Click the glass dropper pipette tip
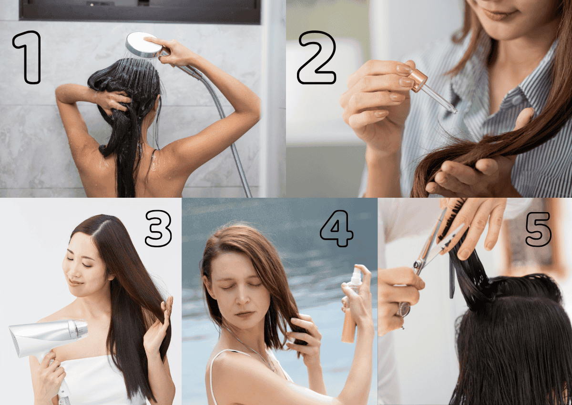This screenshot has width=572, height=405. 453,111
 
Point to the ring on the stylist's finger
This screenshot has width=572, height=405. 404,309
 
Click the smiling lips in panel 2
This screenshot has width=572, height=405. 496,15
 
